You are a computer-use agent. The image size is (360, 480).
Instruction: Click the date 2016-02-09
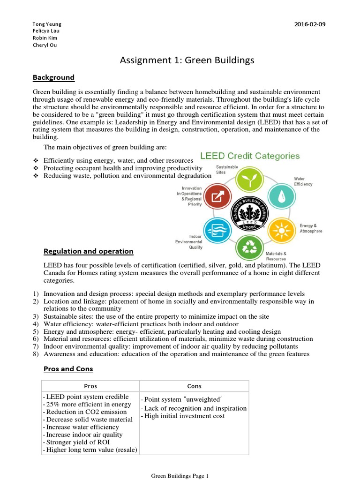[x=309, y=24]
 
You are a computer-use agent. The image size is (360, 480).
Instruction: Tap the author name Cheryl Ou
[x=45, y=45]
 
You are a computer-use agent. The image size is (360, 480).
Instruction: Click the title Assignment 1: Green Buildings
[x=187, y=60]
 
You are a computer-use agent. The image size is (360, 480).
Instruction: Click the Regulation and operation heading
[x=88, y=251]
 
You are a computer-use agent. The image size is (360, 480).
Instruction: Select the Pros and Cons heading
[x=68, y=369]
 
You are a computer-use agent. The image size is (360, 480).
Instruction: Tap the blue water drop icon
[x=280, y=198]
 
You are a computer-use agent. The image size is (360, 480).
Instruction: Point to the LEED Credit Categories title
[x=250, y=156]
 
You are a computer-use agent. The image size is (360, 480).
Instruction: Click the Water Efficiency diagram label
[x=303, y=181]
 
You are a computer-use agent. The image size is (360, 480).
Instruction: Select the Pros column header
[x=90, y=386]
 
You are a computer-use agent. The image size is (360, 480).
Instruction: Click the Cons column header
[x=194, y=386]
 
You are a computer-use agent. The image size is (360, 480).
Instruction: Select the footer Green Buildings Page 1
[x=180, y=476]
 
